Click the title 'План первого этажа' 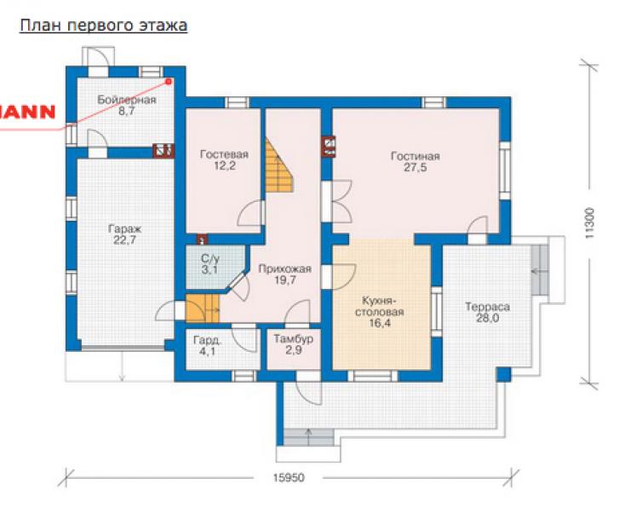[x=103, y=26]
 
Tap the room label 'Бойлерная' [x=127, y=100]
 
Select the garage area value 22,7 [x=125, y=240]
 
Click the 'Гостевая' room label [x=224, y=154]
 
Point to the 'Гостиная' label [x=415, y=156]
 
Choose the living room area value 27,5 [x=415, y=167]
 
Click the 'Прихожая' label [x=285, y=268]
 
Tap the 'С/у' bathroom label [x=210, y=258]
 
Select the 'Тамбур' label [x=294, y=339]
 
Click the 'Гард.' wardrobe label [x=208, y=340]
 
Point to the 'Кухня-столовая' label [x=380, y=306]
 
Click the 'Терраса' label [x=487, y=307]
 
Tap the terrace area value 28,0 [x=487, y=318]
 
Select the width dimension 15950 [x=289, y=477]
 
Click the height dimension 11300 [x=590, y=223]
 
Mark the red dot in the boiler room [x=169, y=82]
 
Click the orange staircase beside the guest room [x=278, y=165]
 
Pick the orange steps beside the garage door [x=203, y=309]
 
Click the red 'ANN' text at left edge [x=27, y=112]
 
